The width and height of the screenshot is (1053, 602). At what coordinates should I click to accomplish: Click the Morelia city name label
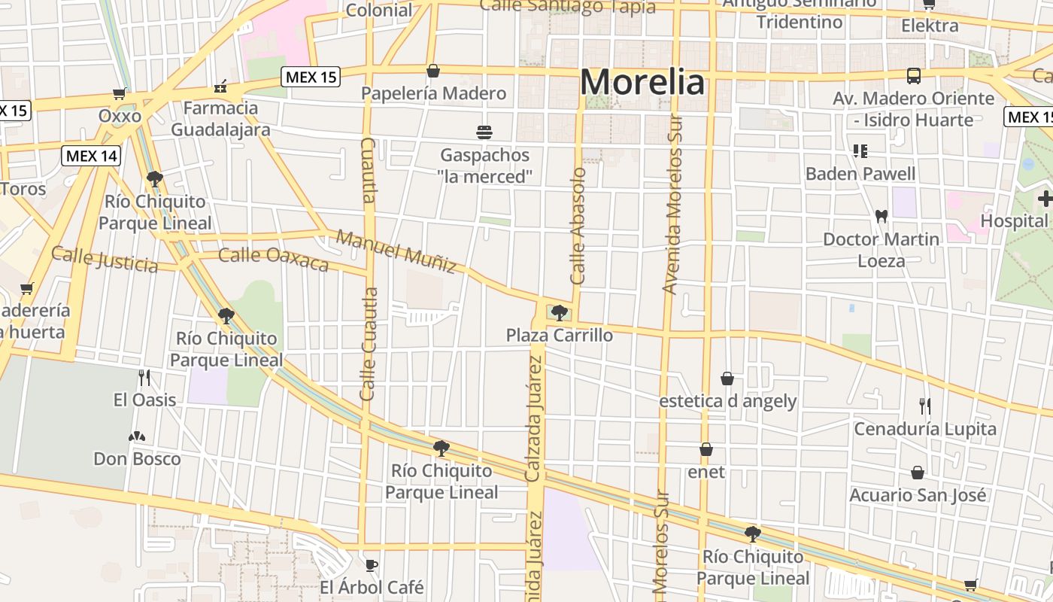point(643,82)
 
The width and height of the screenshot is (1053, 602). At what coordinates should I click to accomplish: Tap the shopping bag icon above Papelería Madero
point(433,71)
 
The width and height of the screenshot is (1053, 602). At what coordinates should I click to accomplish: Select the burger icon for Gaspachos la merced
point(484,132)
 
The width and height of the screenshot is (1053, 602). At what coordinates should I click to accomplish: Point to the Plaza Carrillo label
point(560,335)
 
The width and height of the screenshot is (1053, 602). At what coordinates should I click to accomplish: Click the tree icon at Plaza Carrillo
point(559,312)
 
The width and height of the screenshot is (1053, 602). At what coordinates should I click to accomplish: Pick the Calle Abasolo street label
point(578,226)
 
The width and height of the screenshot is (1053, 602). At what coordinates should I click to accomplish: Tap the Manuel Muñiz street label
point(396,251)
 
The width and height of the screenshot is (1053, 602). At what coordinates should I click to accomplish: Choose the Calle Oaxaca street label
point(274,258)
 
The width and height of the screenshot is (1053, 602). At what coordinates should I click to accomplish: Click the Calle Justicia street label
point(105,259)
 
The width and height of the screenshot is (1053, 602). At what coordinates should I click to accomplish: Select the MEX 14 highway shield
point(91,156)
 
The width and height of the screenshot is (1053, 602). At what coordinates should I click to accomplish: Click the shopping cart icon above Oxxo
point(120,94)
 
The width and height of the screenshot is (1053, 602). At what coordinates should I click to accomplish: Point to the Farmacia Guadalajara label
point(220,119)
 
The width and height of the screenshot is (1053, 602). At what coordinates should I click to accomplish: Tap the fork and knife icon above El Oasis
point(144,378)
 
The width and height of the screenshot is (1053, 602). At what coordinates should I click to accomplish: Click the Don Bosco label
point(137,458)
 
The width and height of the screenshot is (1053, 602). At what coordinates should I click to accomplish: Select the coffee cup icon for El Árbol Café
point(371,565)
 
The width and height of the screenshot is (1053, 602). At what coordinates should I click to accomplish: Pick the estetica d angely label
point(727,401)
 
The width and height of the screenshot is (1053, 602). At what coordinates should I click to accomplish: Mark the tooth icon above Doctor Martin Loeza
point(882,217)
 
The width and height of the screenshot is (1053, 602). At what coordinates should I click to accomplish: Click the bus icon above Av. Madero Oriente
point(914,76)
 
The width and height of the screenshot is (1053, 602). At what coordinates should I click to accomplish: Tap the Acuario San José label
point(917,495)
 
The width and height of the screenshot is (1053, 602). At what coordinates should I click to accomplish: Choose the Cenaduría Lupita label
point(924,429)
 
